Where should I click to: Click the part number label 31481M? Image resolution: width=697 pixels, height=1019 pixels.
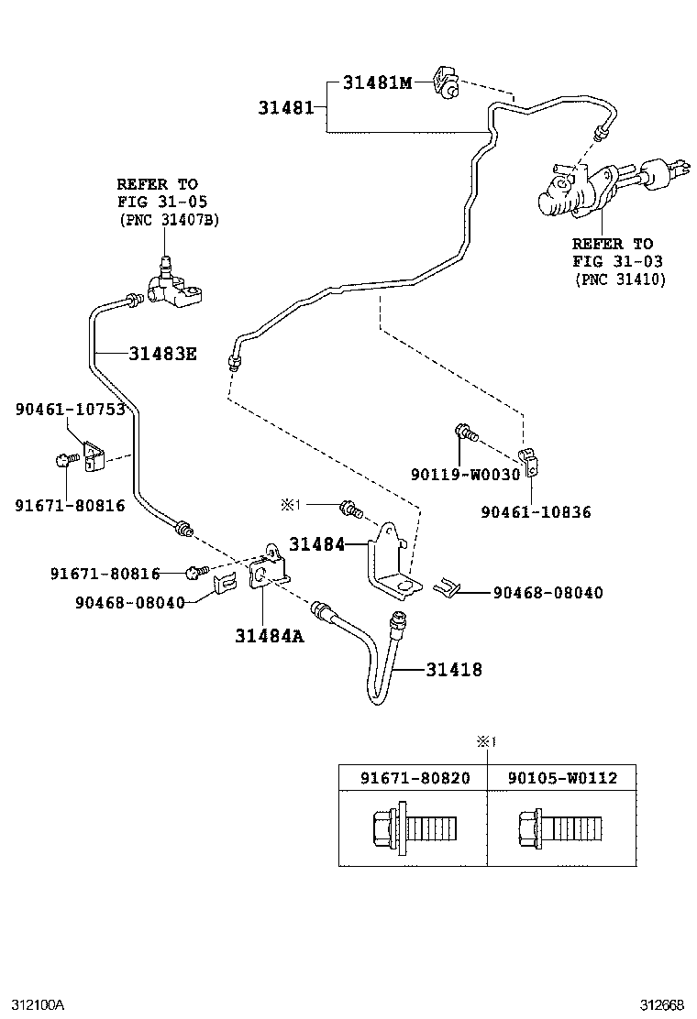377,82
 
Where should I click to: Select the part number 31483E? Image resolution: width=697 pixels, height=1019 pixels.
162,353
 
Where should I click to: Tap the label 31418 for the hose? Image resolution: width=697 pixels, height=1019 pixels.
453,670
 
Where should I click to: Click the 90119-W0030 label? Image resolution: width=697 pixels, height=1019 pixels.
465,474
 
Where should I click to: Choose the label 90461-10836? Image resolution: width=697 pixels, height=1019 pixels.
536,512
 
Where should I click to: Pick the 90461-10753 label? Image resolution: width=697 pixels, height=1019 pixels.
70,409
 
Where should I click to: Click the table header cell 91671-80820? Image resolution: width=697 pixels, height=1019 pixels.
415,778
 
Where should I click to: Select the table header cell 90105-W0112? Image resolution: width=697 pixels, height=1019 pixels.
562,778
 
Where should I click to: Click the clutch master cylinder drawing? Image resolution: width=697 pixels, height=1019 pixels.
587,188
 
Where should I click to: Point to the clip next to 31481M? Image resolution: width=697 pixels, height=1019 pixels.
448,82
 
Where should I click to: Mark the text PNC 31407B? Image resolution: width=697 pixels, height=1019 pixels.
170,221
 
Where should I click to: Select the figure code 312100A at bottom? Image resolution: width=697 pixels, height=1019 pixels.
38,1005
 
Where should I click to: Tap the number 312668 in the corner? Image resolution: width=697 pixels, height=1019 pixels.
662,1005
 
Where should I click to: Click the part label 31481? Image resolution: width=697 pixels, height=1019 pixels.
285,107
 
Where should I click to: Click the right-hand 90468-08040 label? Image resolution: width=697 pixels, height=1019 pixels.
548,593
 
